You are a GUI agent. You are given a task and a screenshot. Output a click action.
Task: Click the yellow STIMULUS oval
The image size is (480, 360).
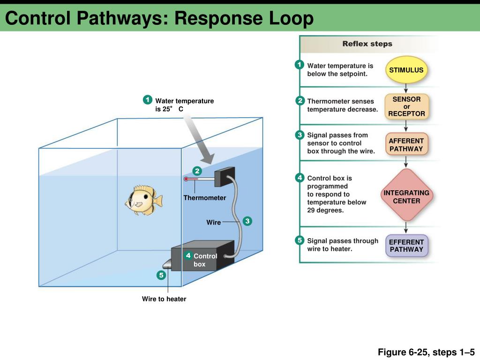406,70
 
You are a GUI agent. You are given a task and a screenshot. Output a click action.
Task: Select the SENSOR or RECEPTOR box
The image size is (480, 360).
406,106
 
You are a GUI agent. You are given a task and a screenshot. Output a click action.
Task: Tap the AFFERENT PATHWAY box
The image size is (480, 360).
406,144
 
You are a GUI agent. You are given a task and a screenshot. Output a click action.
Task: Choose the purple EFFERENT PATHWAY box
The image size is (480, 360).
406,246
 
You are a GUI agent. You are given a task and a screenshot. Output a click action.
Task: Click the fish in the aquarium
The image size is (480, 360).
143,200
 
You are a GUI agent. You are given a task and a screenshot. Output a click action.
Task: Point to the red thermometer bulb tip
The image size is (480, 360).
186,179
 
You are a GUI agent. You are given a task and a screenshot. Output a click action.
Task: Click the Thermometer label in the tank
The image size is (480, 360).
204,198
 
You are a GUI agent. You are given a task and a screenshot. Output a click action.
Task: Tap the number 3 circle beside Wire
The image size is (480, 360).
247,221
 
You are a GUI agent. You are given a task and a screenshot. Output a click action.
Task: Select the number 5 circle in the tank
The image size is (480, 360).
161,275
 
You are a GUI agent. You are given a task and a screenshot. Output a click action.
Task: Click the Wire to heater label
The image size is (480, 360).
164,299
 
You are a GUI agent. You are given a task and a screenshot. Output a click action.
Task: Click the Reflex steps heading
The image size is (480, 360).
367,44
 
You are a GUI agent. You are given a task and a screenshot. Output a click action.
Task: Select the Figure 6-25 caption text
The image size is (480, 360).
426,352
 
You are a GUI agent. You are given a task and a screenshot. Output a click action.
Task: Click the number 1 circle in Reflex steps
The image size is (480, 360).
299,65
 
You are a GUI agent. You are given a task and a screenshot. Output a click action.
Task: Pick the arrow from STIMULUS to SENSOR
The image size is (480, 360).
406,88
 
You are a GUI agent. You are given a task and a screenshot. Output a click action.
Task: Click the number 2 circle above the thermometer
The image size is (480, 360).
197,171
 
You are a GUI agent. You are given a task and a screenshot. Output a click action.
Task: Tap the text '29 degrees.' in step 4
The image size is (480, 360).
325,210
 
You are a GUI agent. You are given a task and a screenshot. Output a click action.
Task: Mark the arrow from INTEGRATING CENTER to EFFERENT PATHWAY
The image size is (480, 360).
406,227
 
